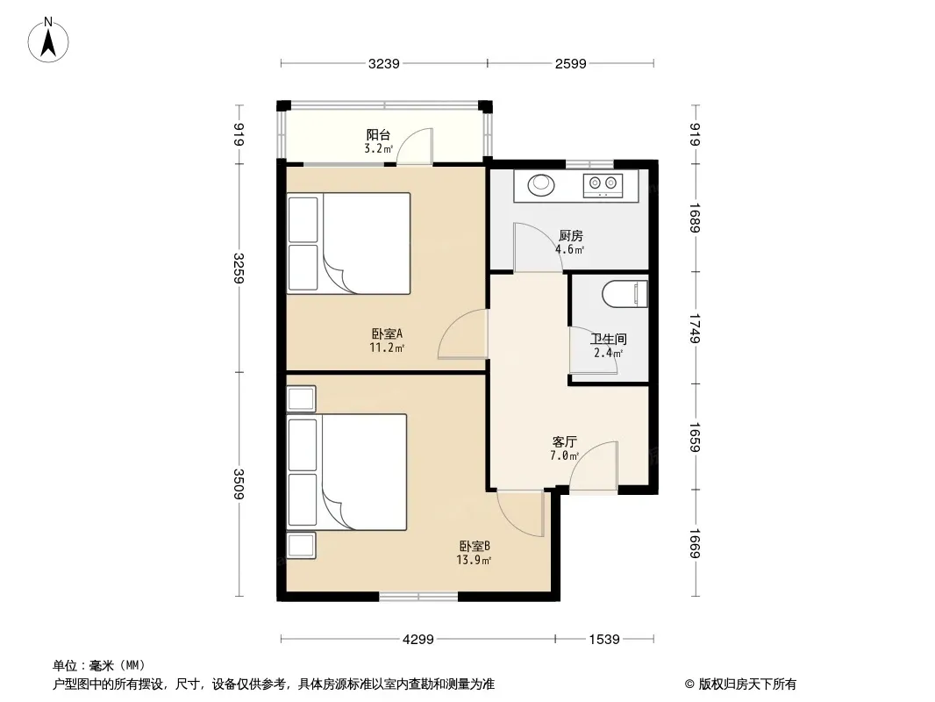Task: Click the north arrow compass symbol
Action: click(48, 40)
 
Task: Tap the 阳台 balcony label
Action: click(378, 135)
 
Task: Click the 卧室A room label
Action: click(387, 334)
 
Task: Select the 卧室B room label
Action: click(475, 547)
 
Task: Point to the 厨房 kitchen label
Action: click(571, 235)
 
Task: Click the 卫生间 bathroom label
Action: click(608, 340)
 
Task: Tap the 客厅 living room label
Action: click(564, 442)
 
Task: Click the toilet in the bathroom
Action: click(625, 294)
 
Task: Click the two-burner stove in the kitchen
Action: click(603, 185)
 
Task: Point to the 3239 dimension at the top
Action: click(383, 64)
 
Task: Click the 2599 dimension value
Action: click(571, 64)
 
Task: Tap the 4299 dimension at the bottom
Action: click(418, 640)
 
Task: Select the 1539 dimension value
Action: click(604, 640)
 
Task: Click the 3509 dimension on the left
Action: click(239, 484)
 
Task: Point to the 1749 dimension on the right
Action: click(695, 329)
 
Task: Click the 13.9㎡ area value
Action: click(474, 560)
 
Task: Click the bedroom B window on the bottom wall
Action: click(418, 596)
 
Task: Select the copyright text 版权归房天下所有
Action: click(747, 684)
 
